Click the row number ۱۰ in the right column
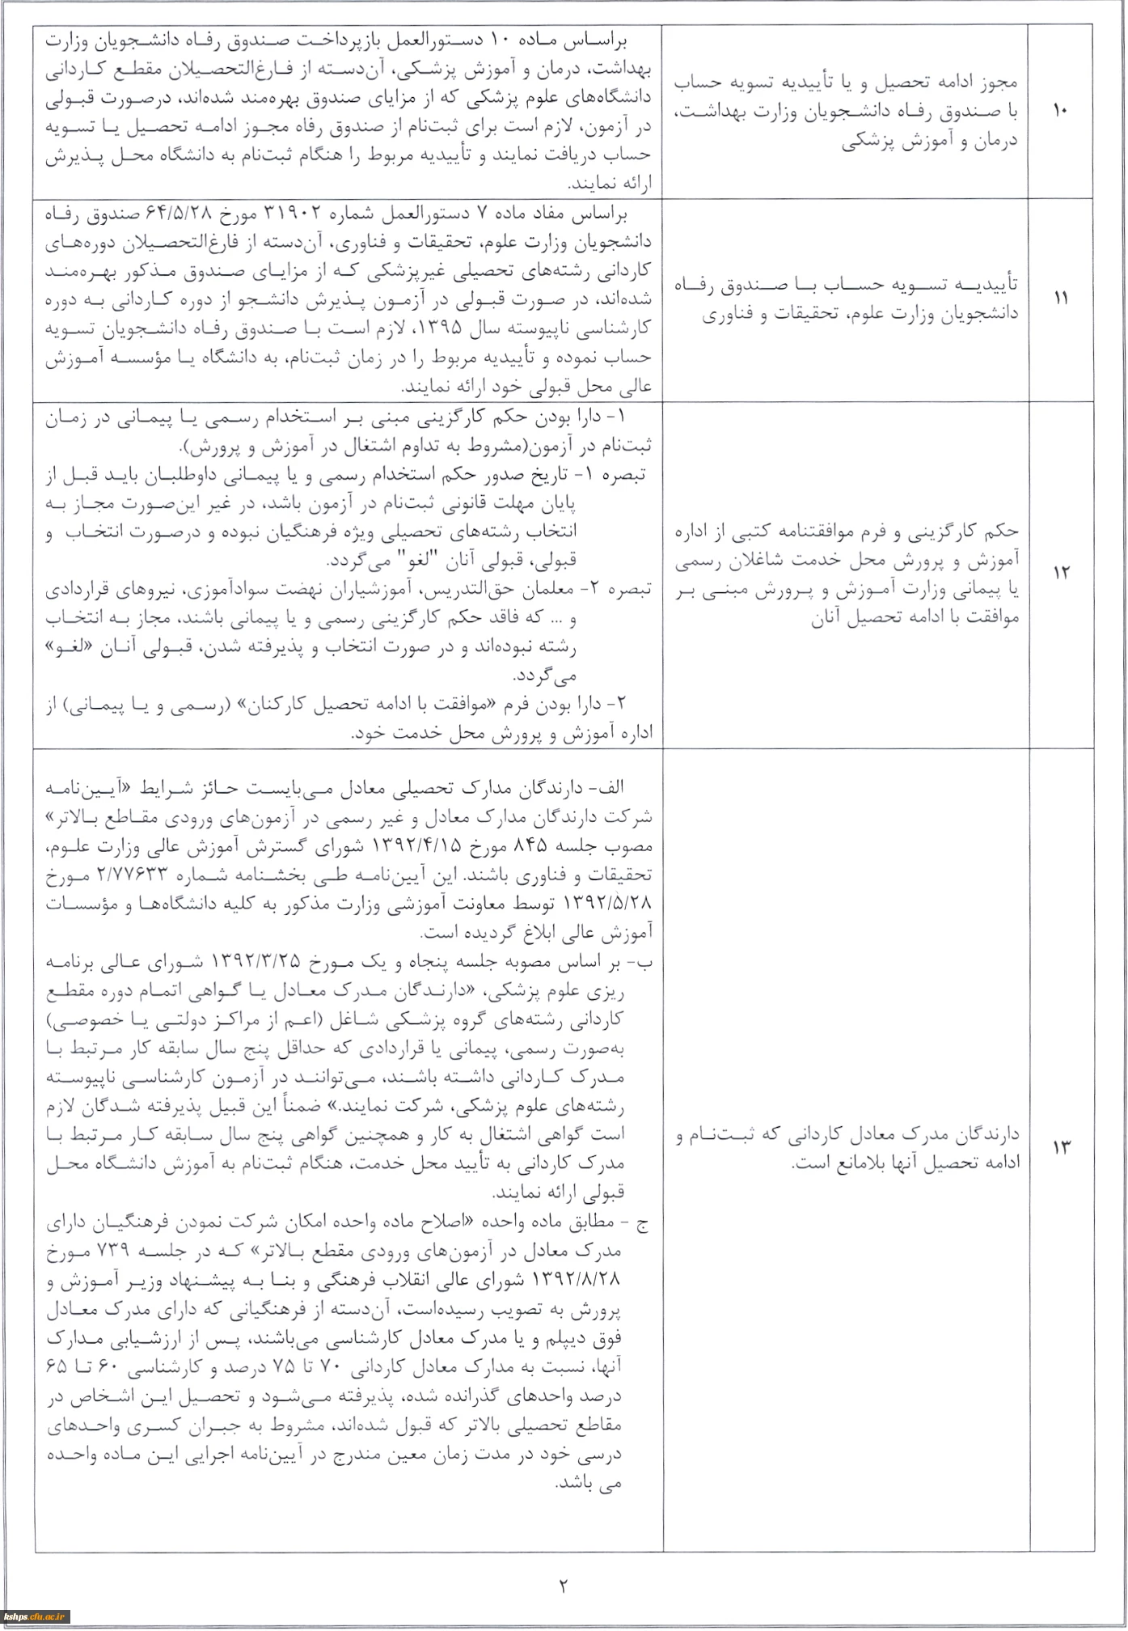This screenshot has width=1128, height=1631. (1060, 111)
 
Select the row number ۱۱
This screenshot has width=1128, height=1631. (1060, 299)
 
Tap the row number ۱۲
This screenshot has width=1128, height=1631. (1060, 573)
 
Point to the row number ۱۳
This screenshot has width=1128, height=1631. (1060, 1147)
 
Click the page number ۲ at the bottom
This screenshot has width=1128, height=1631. (563, 1586)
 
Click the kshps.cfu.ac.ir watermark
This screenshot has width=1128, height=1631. (36, 1616)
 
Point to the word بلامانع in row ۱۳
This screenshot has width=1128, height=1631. (809, 1163)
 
